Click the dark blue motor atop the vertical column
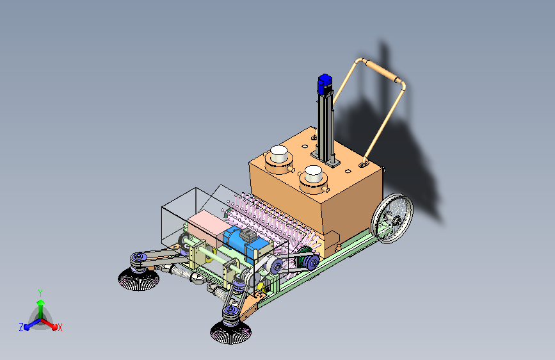coord(325,85)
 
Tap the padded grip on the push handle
coord(383,71)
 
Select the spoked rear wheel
coord(392,218)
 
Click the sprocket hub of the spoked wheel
coord(396,221)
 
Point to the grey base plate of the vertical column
coord(325,160)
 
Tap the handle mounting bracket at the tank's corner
coord(364,164)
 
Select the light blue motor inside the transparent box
coord(245,241)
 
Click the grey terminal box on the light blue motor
coord(248,234)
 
